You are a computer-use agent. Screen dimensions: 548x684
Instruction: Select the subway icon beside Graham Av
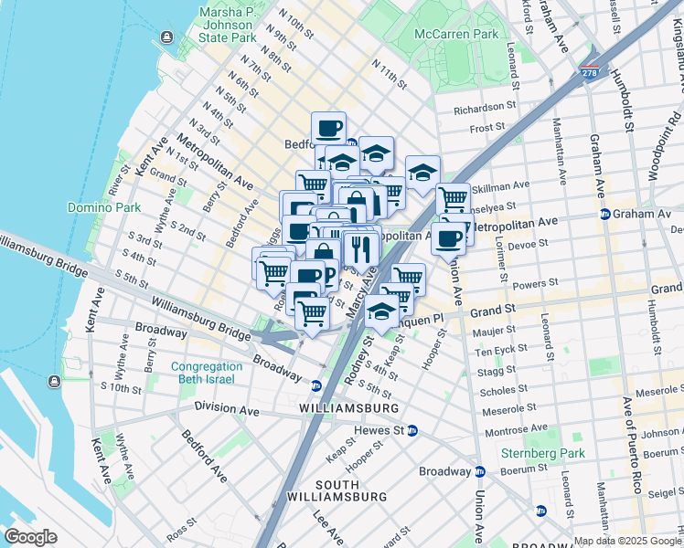tap(604, 215)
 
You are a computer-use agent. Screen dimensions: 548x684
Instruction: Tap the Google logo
tap(31, 537)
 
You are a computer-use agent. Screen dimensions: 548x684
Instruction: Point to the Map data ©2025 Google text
tap(627, 541)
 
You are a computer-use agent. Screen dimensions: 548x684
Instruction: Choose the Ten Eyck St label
tap(498, 350)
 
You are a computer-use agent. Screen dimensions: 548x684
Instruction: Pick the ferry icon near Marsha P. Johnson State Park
tap(166, 37)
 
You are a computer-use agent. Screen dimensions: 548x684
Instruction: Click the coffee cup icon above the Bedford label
tap(329, 128)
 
